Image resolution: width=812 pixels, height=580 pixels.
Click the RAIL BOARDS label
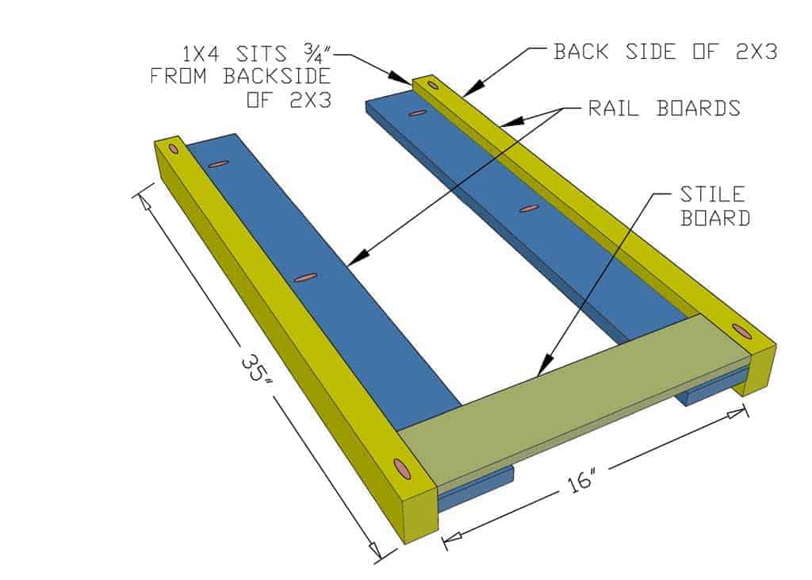[664, 109]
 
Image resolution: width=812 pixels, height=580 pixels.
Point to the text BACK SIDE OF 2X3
[665, 52]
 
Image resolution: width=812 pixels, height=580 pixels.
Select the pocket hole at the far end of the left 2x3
[174, 148]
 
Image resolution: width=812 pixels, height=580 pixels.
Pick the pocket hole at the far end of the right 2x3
[432, 84]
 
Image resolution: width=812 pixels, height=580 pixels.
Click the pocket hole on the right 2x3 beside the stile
[741, 331]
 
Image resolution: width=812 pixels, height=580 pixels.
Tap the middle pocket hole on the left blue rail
[305, 278]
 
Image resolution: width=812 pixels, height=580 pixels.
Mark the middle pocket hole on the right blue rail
[529, 209]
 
